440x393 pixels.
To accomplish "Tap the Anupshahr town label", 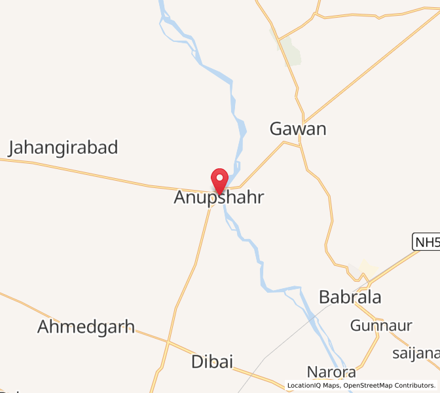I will [219, 197].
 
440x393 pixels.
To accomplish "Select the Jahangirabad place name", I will [63, 148].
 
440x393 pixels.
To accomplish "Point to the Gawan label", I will [298, 129].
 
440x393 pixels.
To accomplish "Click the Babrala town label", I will [350, 297].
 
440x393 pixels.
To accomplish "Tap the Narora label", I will [333, 373].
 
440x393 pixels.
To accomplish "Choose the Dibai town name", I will [212, 362].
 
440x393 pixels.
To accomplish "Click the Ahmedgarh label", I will [86, 327].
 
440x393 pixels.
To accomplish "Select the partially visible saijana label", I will [416, 354].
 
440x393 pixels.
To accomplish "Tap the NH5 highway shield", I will [426, 242].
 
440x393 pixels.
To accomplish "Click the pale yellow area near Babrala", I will [367, 269].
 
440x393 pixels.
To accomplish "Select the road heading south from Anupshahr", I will [196, 262].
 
